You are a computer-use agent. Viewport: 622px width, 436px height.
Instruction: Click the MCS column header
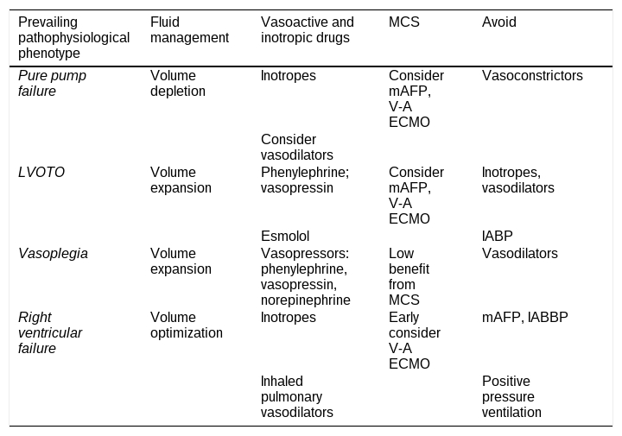pyautogui.click(x=403, y=22)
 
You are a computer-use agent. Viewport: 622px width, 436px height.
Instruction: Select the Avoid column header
pyautogui.click(x=499, y=22)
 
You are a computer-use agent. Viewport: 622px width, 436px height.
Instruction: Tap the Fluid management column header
pyautogui.click(x=189, y=29)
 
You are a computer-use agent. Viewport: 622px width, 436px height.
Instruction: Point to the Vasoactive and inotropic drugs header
pyautogui.click(x=307, y=29)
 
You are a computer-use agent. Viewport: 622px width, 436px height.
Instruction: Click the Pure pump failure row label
pyautogui.click(x=52, y=83)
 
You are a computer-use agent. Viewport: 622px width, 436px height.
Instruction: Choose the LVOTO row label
pyautogui.click(x=41, y=173)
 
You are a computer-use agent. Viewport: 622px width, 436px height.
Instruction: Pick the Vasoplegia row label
pyautogui.click(x=53, y=254)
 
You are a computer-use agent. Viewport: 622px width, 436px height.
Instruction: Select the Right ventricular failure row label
pyautogui.click(x=50, y=333)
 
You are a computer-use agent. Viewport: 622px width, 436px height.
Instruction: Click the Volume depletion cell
pyautogui.click(x=178, y=83)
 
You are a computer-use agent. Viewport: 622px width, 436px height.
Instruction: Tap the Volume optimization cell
pyautogui.click(x=187, y=325)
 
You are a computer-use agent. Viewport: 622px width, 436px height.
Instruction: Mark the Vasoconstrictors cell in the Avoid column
pyautogui.click(x=532, y=76)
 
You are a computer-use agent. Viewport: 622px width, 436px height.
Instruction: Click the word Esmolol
pyautogui.click(x=285, y=237)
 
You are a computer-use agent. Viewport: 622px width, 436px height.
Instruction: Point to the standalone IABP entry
pyautogui.click(x=497, y=237)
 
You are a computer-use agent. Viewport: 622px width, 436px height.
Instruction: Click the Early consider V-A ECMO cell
pyautogui.click(x=415, y=340)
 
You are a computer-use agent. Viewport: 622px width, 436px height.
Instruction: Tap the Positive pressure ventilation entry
pyautogui.click(x=511, y=397)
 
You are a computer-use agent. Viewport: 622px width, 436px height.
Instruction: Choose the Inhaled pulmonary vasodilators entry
pyautogui.click(x=296, y=397)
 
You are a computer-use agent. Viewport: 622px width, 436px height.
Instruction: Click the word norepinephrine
pyautogui.click(x=306, y=300)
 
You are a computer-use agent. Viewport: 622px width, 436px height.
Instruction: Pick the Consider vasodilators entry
pyautogui.click(x=296, y=147)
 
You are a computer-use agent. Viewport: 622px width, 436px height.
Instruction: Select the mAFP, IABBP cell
pyautogui.click(x=525, y=318)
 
